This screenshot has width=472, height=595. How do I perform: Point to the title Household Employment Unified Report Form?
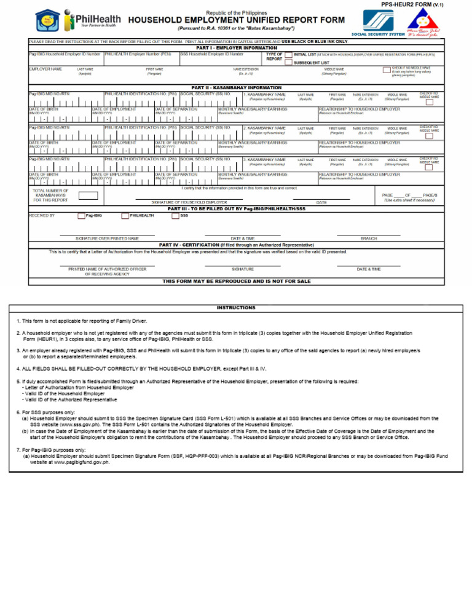(x=236, y=20)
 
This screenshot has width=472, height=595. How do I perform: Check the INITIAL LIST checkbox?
(x=288, y=55)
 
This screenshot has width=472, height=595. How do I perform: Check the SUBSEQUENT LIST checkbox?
(x=288, y=62)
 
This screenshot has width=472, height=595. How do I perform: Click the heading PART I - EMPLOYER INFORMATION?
(x=236, y=47)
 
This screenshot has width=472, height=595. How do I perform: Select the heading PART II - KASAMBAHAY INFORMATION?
(x=236, y=88)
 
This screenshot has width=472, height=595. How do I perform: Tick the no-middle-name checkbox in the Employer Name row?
(x=387, y=71)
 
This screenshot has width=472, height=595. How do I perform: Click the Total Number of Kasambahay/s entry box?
(x=88, y=195)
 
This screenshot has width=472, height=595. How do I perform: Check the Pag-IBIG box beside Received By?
(x=81, y=216)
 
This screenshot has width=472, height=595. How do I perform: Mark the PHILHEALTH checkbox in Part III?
(x=125, y=216)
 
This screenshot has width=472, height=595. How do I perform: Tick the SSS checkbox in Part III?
(x=175, y=216)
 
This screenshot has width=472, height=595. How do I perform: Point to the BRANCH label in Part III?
(x=369, y=238)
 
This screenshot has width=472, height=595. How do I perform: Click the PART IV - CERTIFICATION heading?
(x=236, y=245)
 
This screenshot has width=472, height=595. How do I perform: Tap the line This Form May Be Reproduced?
(x=236, y=282)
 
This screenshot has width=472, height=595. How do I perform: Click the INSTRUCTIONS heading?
(x=236, y=307)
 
